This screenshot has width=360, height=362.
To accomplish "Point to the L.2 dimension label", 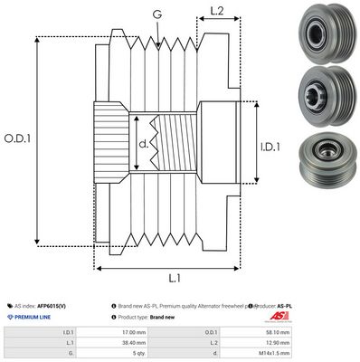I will [x=217, y=13].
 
